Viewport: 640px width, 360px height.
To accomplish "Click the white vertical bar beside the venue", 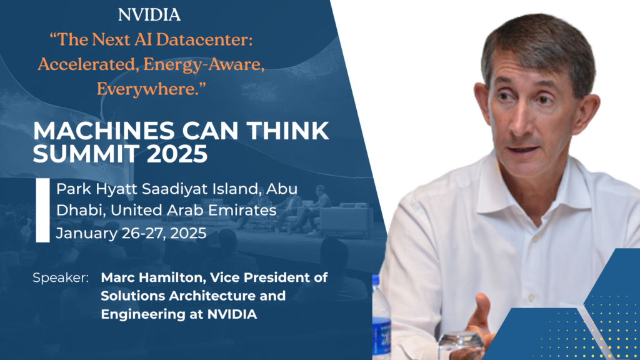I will coord(42,210).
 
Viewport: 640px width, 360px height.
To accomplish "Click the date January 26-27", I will coord(109,234).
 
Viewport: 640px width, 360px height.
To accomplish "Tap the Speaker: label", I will coord(61,277).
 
